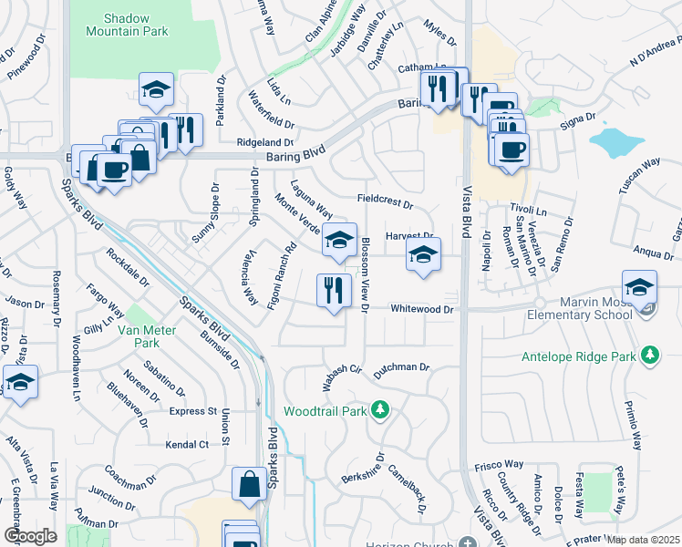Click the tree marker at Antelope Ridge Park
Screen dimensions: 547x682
(x=650, y=354)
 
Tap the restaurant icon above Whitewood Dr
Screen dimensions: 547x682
(x=335, y=291)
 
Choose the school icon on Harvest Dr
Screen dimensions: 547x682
(x=423, y=255)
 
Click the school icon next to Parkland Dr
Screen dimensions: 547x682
(x=157, y=89)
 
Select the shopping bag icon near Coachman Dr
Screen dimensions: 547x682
(x=249, y=485)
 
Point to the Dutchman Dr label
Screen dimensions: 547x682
(x=400, y=366)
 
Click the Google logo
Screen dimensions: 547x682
(x=31, y=535)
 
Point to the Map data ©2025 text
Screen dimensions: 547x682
(x=644, y=540)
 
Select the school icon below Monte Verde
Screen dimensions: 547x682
(x=339, y=241)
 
